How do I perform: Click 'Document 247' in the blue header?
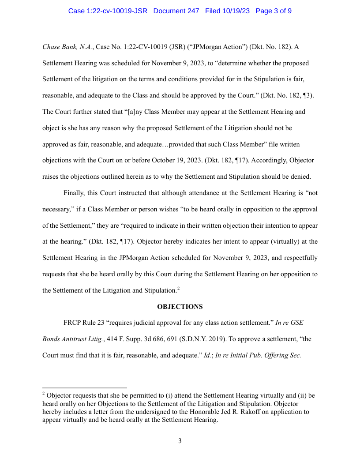[x=176, y=11]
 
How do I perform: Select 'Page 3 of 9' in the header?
[x=274, y=11]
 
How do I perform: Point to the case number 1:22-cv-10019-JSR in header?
[x=108, y=11]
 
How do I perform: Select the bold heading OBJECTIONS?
[x=180, y=307]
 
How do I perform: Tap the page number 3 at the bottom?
[x=180, y=441]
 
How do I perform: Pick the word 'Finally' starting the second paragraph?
[x=75, y=193]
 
